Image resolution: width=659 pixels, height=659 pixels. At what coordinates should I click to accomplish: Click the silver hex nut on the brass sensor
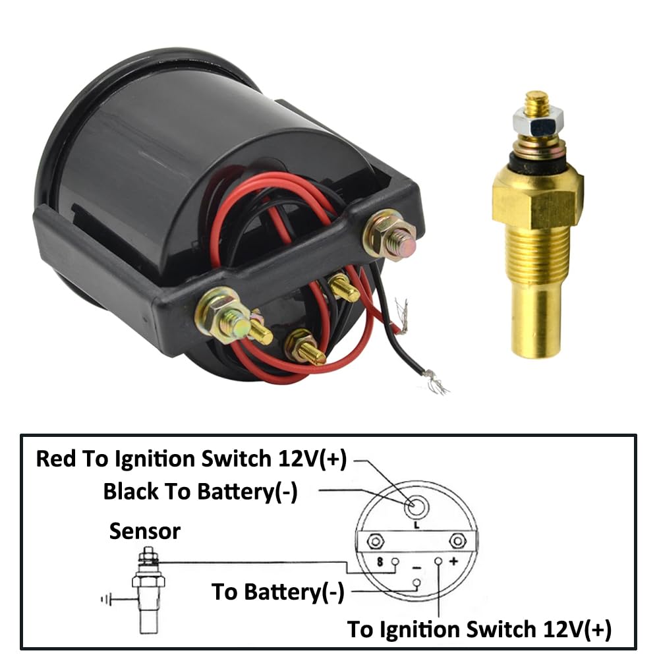(538, 121)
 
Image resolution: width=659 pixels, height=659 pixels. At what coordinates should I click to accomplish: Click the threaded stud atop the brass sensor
(538, 103)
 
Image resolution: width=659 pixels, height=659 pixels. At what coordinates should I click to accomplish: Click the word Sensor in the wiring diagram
(145, 531)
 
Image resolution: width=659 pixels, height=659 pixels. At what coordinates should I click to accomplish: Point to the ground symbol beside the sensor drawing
(106, 599)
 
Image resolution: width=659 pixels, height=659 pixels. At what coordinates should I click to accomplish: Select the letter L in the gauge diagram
(416, 525)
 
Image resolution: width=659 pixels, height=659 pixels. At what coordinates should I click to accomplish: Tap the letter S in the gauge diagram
(380, 561)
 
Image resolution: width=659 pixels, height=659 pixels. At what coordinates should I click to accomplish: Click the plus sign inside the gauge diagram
(453, 561)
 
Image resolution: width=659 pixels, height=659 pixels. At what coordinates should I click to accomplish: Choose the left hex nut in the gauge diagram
(376, 541)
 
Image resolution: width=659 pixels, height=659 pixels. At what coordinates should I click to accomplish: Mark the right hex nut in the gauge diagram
(457, 540)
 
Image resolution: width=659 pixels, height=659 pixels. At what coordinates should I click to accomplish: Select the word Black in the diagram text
(130, 492)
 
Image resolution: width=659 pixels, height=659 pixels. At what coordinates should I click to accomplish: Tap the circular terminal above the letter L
(416, 505)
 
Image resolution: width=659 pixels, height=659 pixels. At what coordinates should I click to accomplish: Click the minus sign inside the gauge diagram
(416, 569)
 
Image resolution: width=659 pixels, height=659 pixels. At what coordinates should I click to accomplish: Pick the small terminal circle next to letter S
(395, 561)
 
